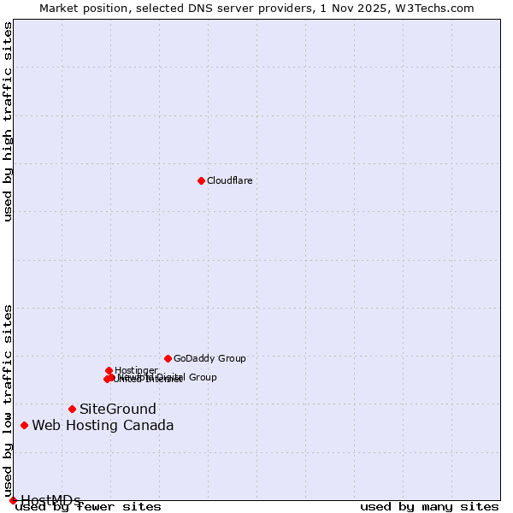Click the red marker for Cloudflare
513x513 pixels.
coord(201,180)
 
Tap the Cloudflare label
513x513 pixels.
coord(229,180)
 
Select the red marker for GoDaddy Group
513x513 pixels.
coord(168,358)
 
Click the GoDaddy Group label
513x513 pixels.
coord(209,358)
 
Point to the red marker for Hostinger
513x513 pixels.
coord(109,370)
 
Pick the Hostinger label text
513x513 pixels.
coord(136,370)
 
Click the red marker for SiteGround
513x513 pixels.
coord(72,409)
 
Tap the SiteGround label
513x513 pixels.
coord(118,409)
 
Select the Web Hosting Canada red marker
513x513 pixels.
coord(24,425)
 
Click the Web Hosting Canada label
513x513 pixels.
coord(103,425)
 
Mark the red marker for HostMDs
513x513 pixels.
coord(13,500)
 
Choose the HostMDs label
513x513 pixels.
coord(50,500)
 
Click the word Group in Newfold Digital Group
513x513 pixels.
coord(203,377)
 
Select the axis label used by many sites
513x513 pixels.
coord(429,506)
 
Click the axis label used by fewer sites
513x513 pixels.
coord(88,506)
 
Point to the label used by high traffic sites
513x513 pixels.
coord(8,121)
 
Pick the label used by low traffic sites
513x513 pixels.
coord(8,400)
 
